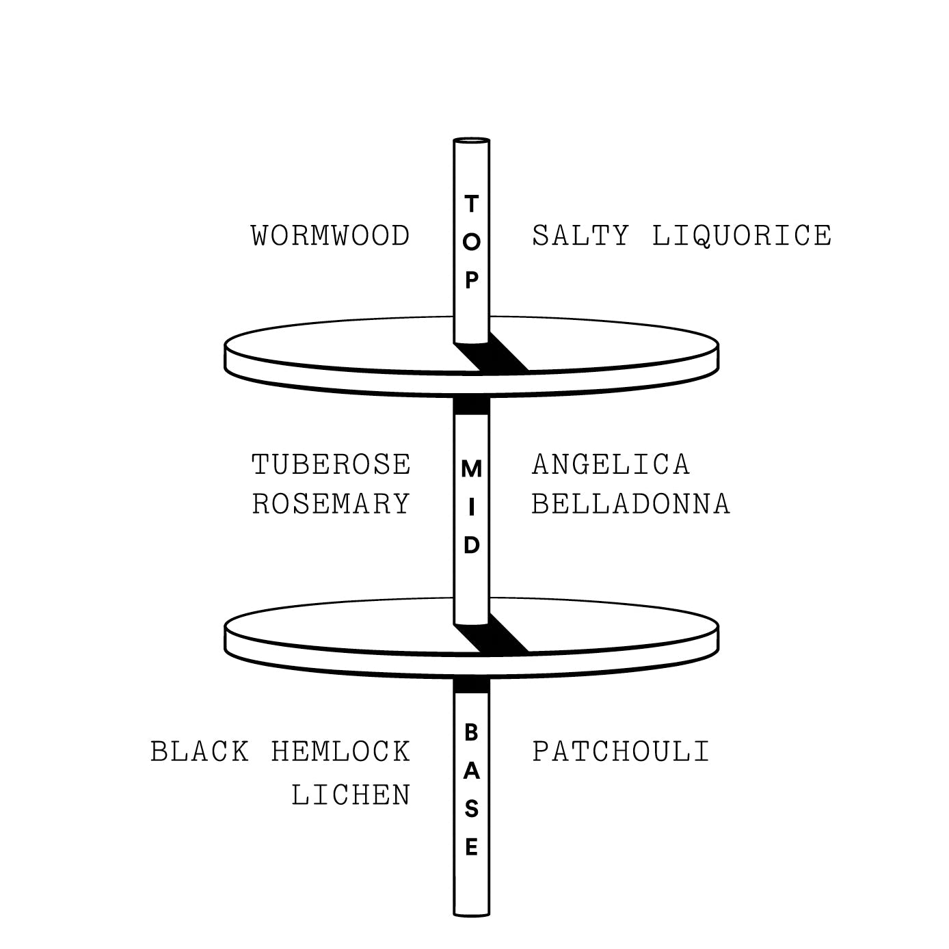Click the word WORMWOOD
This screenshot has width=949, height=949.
pos(330,235)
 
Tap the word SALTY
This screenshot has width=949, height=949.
pos(580,235)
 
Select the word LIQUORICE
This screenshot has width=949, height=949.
pos(742,235)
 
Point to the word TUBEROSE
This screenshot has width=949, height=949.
pos(331,464)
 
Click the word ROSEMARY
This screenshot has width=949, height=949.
pos(331,504)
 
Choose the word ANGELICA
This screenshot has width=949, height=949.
pos(611,464)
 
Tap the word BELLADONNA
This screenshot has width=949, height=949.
pos(631,504)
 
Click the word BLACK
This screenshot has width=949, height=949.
pos(200,751)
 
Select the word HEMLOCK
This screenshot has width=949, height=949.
pos(340,751)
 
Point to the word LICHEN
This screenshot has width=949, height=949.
pos(351,795)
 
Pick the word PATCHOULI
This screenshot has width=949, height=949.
pos(621,751)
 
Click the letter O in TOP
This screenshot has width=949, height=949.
pos(471,242)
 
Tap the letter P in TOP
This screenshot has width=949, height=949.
pos(472,280)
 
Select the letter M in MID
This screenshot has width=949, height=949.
pos(471,469)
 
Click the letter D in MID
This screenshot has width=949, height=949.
pos(472,545)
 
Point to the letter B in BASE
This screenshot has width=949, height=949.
pos(472,733)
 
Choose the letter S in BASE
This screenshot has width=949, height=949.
pos(472,809)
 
